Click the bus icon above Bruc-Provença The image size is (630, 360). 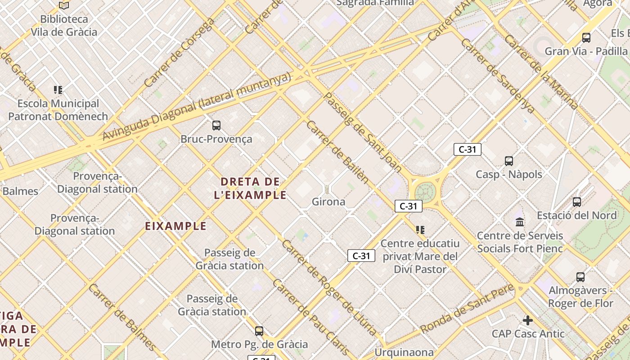tap(216, 126)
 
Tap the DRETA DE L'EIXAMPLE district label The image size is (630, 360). tap(254, 189)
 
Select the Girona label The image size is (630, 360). tap(328, 202)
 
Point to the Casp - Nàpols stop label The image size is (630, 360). tap(509, 174)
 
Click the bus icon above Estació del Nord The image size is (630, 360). tap(577, 202)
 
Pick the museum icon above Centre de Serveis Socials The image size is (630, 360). tap(520, 222)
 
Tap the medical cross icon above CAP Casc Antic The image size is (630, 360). tap(528, 320)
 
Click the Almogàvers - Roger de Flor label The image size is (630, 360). tap(580, 297)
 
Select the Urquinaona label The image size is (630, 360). tap(405, 352)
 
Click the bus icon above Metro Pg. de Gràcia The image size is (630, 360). tap(259, 331)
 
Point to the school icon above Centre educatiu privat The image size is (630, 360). tap(420, 230)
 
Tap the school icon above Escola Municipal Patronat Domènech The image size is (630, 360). tap(58, 90)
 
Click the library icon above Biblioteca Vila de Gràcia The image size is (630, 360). tap(64, 5)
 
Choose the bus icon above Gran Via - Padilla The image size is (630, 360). tap(586, 37)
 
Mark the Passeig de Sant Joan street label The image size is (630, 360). tap(363, 132)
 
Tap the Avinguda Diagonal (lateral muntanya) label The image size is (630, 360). tap(197, 107)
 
